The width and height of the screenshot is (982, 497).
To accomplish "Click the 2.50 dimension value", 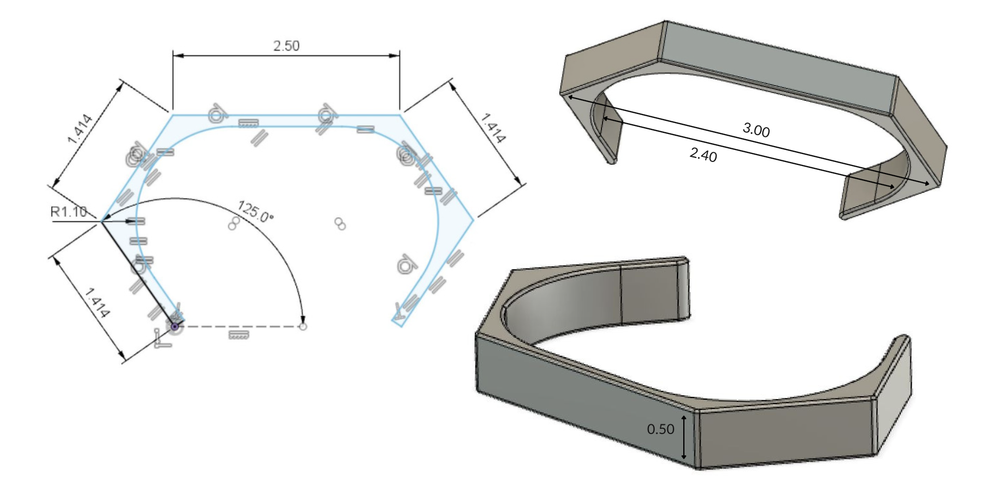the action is click(286, 46).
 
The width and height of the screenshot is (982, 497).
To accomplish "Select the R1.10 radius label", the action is click(69, 212).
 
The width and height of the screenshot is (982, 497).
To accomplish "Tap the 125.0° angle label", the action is click(255, 211).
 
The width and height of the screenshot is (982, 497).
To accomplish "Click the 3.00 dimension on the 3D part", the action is click(756, 131).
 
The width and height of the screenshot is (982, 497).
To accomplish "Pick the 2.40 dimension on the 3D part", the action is click(703, 154).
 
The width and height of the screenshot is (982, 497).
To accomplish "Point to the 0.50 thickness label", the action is click(661, 429).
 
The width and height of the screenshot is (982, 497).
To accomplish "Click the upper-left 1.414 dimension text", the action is click(80, 129).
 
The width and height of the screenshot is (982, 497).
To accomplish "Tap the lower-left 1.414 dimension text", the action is click(97, 302).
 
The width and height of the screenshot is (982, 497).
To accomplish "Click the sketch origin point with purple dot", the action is click(175, 326).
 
